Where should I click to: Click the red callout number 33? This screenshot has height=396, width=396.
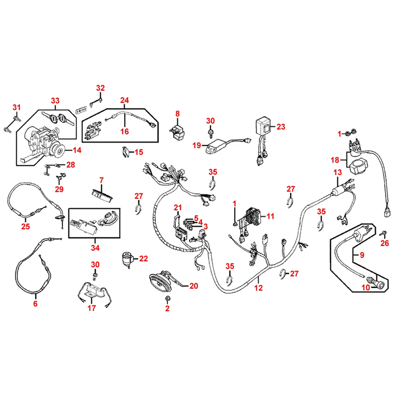(55, 101)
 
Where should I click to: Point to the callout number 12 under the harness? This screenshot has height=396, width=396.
(258, 288)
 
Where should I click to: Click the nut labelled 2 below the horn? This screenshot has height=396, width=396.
(168, 298)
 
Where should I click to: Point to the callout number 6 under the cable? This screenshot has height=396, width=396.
(35, 304)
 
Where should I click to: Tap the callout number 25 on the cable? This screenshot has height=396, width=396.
(25, 227)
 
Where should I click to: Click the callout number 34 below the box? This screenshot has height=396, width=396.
(95, 248)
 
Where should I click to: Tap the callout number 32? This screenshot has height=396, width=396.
(101, 88)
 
